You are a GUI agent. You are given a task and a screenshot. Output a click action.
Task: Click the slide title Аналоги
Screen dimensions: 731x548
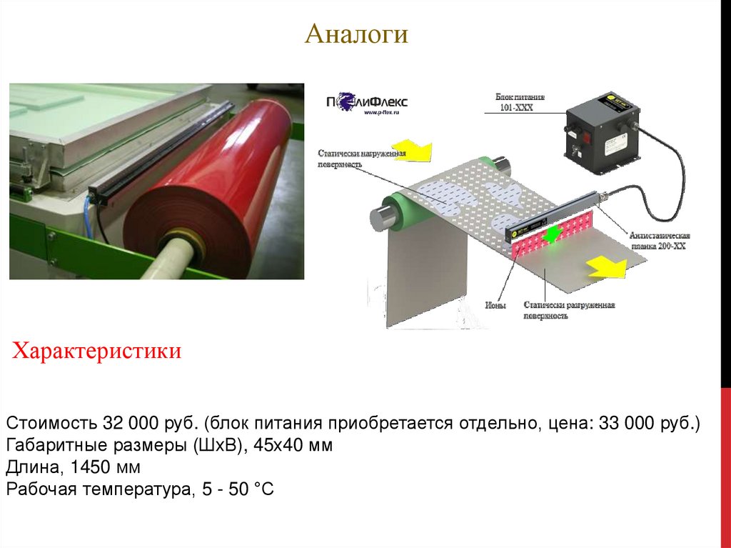(x=356, y=34)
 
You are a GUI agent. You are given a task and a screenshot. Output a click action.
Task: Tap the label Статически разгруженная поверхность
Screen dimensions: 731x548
(x=568, y=310)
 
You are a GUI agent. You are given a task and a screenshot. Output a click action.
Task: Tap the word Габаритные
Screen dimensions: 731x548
(x=52, y=446)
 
